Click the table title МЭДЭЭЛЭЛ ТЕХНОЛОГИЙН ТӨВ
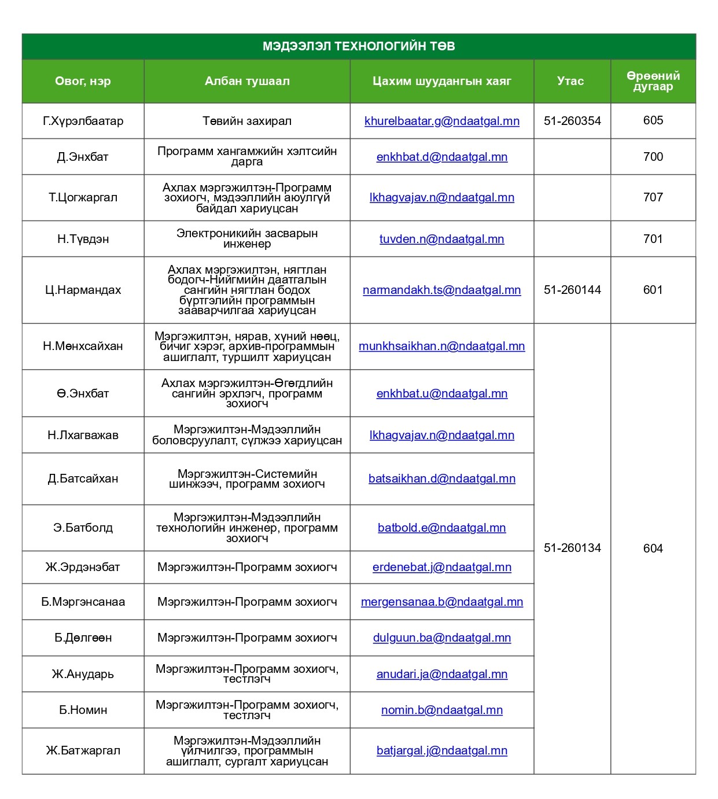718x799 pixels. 359,46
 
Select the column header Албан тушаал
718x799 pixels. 247,81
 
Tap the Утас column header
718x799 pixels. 570,81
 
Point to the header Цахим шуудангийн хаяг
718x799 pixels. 442,81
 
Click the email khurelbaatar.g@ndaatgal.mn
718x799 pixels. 442,121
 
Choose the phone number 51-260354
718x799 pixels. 572,121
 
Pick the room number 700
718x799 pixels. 653,157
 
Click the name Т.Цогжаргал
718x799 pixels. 83,197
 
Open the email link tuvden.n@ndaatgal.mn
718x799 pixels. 442,239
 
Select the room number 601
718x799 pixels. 653,290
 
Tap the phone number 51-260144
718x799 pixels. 572,290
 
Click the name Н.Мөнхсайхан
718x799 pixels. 83,346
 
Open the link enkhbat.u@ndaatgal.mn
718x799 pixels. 442,393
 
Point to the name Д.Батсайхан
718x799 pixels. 83,478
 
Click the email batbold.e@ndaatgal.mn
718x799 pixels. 442,528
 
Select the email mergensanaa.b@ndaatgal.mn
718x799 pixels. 442,602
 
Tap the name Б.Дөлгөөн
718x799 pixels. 83,638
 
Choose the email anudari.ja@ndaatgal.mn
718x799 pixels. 442,674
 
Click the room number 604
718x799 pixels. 653,548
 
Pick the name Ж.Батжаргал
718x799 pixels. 83,750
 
